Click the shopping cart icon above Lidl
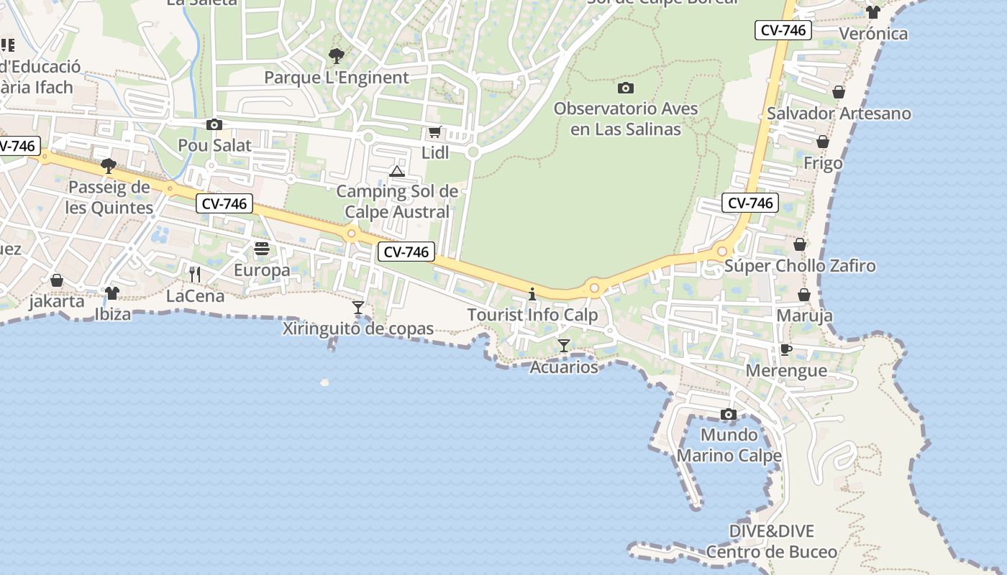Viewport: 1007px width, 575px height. tap(434, 132)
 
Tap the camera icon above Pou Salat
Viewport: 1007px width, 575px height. tap(214, 125)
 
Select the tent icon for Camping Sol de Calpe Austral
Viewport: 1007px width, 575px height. tap(397, 171)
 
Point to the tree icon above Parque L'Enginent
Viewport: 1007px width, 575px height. tap(336, 56)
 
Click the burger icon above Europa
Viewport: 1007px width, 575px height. tap(262, 249)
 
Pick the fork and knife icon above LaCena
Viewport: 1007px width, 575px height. tap(194, 274)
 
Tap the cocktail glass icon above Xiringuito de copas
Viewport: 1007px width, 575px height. tap(358, 308)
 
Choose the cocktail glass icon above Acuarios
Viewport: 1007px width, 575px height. tap(564, 346)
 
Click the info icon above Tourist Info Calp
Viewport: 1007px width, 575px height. tap(532, 294)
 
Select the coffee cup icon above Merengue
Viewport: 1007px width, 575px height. tap(786, 350)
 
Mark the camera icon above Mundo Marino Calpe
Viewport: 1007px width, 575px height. tap(729, 415)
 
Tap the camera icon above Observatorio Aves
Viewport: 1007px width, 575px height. tap(626, 88)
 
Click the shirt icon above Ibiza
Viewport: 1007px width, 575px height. tap(112, 293)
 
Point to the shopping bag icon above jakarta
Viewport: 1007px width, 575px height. tap(57, 280)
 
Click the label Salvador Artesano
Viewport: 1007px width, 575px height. tap(839, 114)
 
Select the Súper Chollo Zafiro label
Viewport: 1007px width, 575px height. tap(800, 266)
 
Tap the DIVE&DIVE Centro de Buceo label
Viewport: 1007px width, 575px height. tap(772, 541)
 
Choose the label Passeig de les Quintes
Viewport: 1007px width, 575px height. tap(109, 198)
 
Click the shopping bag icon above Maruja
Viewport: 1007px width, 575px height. tap(804, 295)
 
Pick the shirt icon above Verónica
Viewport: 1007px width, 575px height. tap(873, 12)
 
